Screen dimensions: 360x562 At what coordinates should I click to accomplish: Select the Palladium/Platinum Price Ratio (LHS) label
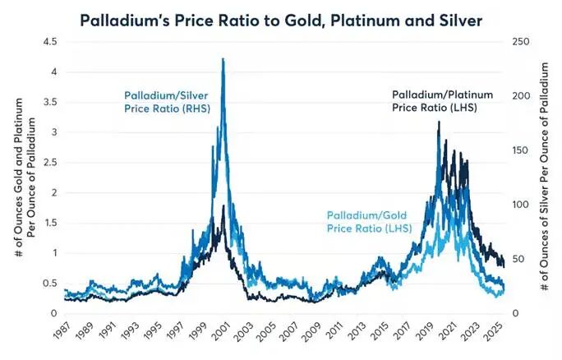click(445, 100)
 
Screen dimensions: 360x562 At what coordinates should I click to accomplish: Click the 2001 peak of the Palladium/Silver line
click(223, 60)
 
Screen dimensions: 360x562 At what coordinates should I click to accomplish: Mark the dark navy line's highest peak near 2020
click(439, 122)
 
